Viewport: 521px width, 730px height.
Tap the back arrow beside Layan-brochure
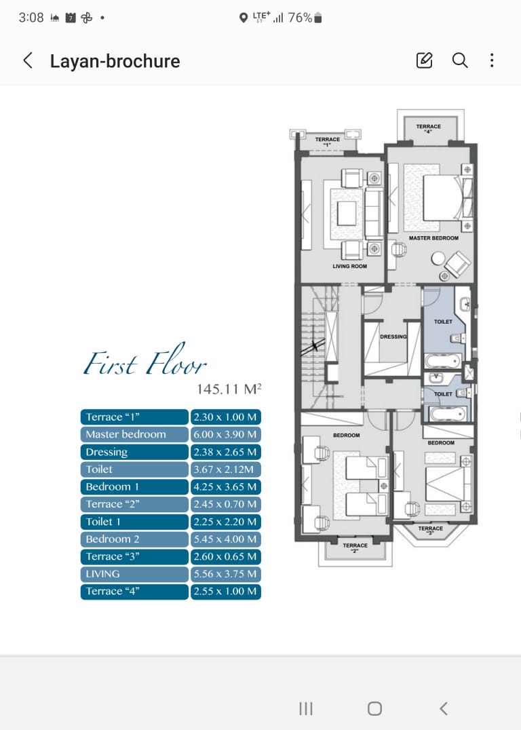point(28,60)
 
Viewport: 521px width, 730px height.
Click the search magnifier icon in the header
point(459,60)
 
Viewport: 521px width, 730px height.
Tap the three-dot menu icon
point(492,60)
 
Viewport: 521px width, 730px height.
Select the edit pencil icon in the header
point(424,60)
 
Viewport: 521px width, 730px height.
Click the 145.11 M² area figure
point(229,389)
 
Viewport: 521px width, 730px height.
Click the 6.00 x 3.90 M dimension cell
point(226,434)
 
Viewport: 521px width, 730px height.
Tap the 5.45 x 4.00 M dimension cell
point(226,539)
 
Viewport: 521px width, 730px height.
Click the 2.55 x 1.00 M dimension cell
point(226,592)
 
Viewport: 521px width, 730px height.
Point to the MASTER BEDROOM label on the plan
point(433,238)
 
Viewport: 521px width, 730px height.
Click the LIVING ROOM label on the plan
point(349,267)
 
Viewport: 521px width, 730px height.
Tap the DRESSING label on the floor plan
point(393,337)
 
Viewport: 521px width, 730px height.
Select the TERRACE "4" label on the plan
point(428,128)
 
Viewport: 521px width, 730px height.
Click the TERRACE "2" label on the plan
point(355,547)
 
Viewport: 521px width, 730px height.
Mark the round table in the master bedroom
point(438,258)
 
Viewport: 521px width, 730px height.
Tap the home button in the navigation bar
point(374,708)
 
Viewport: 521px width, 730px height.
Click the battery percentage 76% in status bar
point(300,18)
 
